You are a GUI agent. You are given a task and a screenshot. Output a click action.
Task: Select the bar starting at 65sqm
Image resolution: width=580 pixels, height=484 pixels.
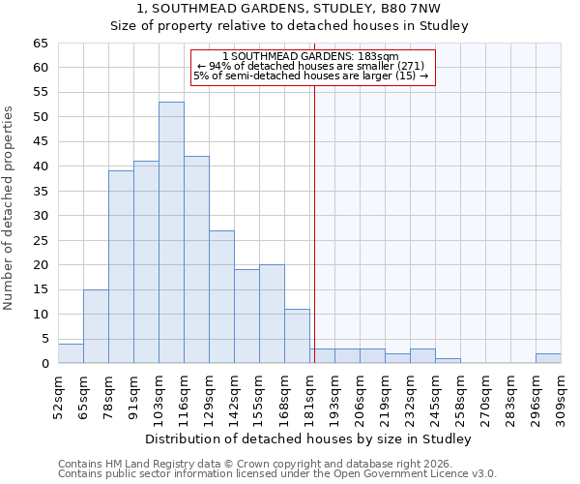96,326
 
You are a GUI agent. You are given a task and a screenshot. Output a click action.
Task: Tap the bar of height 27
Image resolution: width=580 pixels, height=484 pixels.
221,296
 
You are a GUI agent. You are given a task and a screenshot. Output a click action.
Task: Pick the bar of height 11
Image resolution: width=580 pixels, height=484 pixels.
297,336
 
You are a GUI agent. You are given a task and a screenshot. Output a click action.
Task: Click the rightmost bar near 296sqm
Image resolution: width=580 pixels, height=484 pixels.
548,358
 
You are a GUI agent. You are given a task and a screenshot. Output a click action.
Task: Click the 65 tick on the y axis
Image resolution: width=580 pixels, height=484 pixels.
40,44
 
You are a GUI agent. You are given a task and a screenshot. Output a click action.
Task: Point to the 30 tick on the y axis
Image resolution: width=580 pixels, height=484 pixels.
40,216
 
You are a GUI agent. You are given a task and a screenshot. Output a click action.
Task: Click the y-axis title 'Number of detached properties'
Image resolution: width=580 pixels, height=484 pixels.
10,208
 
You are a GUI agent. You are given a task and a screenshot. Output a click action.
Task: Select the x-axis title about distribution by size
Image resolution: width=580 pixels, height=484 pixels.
308,439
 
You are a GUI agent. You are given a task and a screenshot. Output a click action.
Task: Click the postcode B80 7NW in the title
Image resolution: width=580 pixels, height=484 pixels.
416,9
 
